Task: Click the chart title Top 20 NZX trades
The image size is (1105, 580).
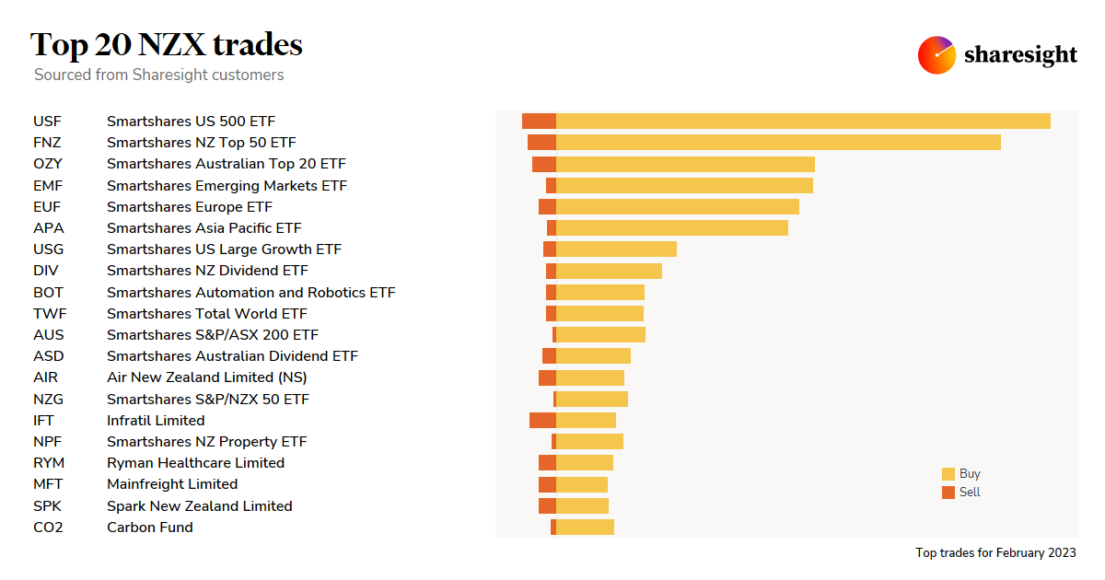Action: coord(166,44)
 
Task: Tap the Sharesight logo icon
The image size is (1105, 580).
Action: coord(936,55)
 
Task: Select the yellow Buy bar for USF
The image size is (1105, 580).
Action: coord(803,122)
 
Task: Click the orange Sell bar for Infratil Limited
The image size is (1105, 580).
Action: coord(542,420)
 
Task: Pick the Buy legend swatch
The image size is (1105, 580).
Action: coord(948,474)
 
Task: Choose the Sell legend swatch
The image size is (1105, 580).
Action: coord(948,493)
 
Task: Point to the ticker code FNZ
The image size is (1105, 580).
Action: coord(47,143)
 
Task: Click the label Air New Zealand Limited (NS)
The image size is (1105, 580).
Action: coord(206,377)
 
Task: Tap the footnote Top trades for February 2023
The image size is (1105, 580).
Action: coord(994,552)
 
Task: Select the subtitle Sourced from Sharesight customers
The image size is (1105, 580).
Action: coord(158,75)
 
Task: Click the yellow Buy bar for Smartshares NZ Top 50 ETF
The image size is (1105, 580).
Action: coord(778,143)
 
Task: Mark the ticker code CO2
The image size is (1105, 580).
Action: coord(48,528)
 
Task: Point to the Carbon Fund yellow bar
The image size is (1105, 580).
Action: coord(585,528)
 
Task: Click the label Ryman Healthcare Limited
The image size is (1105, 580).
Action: coord(195,463)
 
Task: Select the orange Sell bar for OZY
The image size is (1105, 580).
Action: coord(544,164)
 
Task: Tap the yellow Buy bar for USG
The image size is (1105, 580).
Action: coord(616,249)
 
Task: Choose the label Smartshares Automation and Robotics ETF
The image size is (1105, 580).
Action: coord(250,293)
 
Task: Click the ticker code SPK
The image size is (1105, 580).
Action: coord(47,506)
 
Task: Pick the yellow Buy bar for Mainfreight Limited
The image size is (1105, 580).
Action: coord(582,484)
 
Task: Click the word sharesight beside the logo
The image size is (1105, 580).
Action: coord(1020,55)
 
